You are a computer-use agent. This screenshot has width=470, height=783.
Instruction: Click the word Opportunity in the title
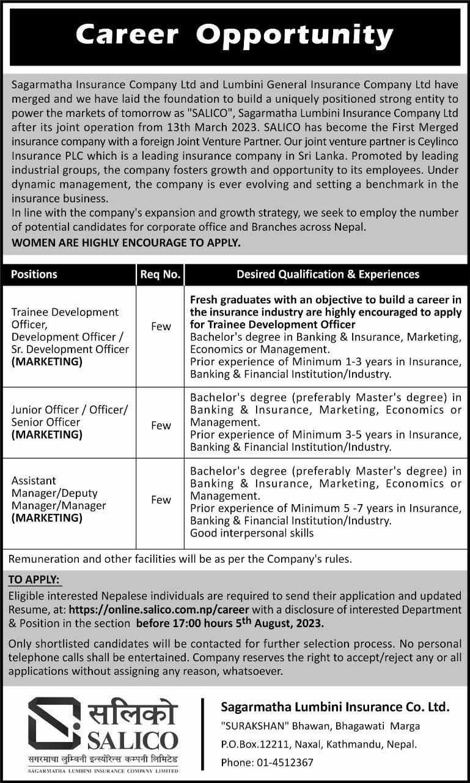click(x=297, y=36)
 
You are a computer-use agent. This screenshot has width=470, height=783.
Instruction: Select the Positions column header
click(x=34, y=274)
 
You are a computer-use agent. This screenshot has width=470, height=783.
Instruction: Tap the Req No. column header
click(x=160, y=274)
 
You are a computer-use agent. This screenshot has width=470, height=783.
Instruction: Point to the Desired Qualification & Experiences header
click(x=328, y=274)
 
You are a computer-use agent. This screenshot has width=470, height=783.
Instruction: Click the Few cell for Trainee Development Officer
click(x=161, y=327)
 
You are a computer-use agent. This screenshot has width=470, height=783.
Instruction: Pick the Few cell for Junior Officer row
click(x=161, y=426)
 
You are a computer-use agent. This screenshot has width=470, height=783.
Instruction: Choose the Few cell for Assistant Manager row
click(x=161, y=500)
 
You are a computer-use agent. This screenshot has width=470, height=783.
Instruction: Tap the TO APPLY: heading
click(x=35, y=579)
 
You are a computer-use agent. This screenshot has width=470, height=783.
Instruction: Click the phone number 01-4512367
click(x=284, y=762)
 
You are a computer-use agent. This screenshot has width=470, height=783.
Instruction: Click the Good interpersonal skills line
click(x=252, y=533)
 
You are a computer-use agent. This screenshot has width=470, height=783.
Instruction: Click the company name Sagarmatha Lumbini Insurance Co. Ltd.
click(x=335, y=708)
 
